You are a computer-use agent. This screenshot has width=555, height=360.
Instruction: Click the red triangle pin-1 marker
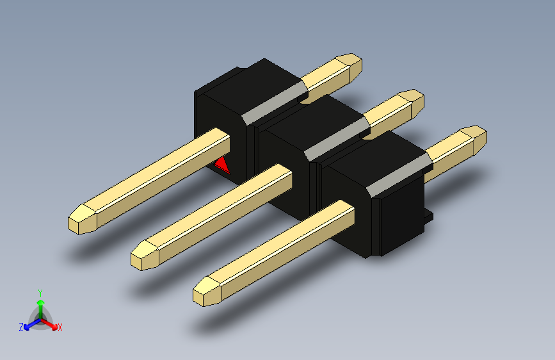[223, 166]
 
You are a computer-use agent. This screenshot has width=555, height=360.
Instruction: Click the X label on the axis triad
[60, 328]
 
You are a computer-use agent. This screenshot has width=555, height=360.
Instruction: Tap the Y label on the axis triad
[40, 291]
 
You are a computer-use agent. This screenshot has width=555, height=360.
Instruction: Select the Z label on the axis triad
[21, 327]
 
